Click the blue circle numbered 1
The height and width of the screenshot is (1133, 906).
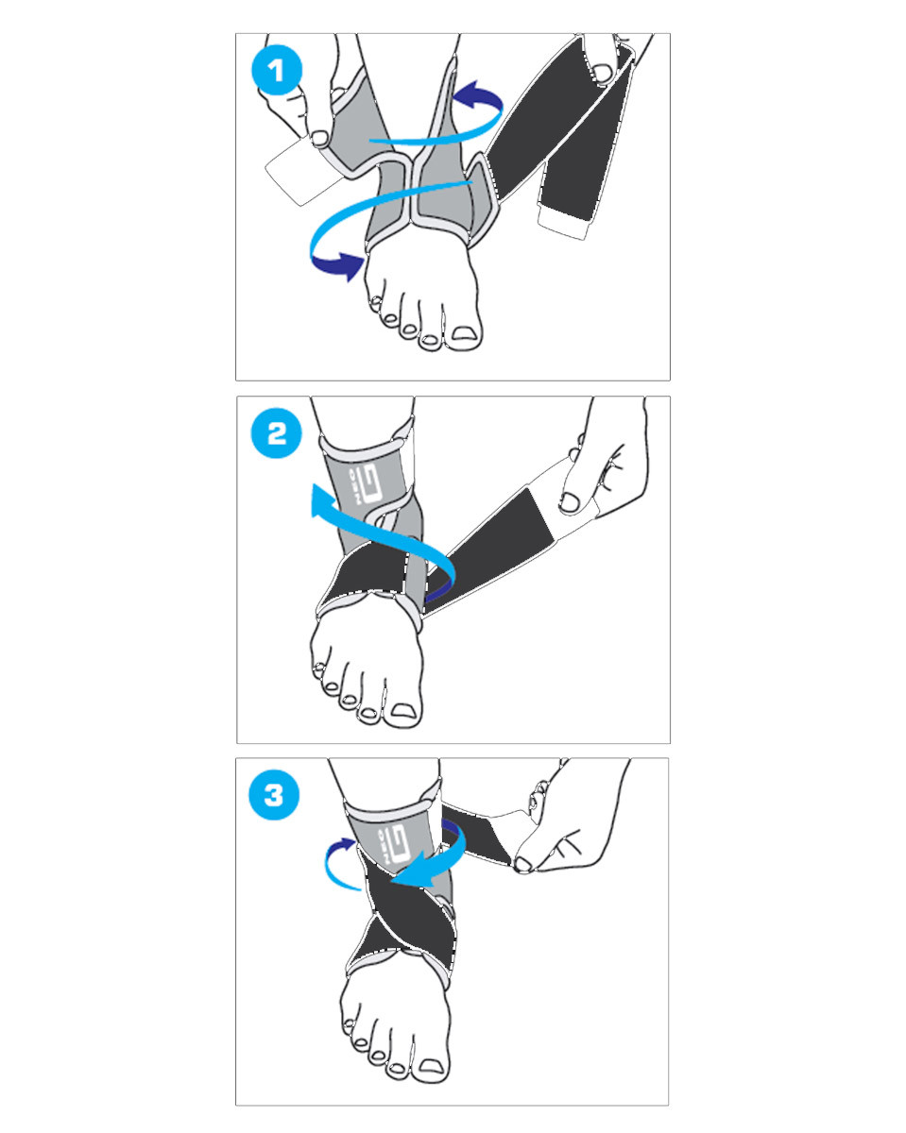276,71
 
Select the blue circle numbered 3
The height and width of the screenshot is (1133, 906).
274,795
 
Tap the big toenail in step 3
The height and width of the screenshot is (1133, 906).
434,1067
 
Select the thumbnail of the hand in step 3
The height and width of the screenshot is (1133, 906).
524,862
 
